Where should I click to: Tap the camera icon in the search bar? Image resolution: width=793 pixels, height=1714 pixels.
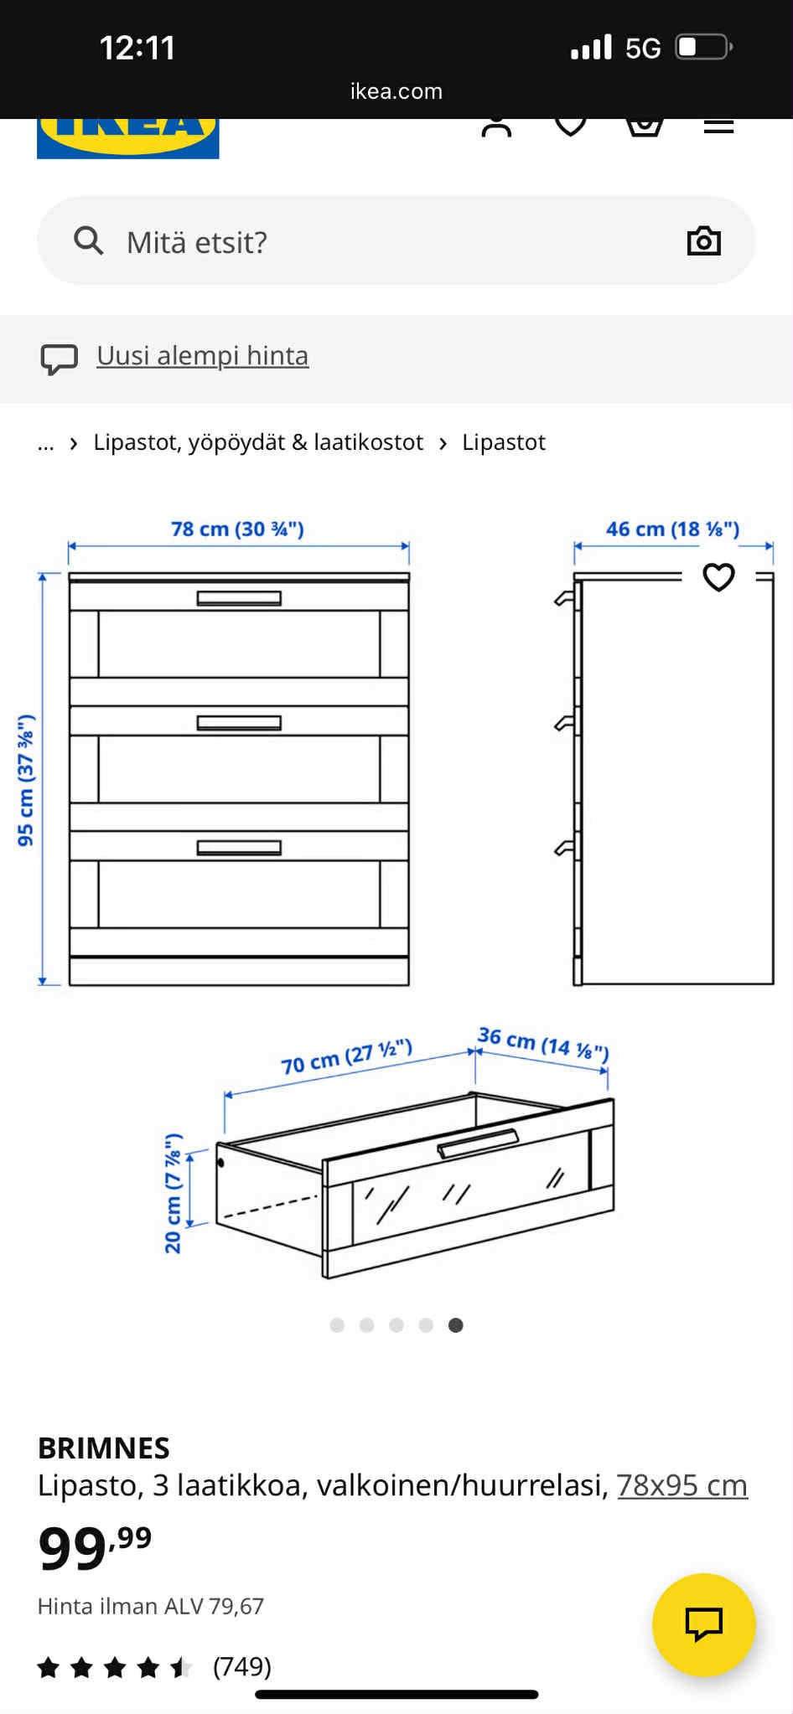pyautogui.click(x=703, y=241)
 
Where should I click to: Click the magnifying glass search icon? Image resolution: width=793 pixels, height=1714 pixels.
pyautogui.click(x=88, y=240)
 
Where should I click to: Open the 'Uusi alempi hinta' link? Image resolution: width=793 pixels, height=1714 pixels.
pyautogui.click(x=202, y=355)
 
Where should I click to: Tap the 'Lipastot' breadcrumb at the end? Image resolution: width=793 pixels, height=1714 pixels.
pyautogui.click(x=504, y=442)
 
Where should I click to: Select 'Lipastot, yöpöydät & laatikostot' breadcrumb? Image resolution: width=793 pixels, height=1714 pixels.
pyautogui.click(x=258, y=442)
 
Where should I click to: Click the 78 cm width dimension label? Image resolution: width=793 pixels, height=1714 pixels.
pyautogui.click(x=237, y=529)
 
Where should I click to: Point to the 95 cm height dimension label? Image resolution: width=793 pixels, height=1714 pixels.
pyautogui.click(x=26, y=780)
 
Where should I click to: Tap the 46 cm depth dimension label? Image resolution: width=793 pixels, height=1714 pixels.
pyautogui.click(x=672, y=529)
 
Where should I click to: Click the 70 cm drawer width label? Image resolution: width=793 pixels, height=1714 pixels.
pyautogui.click(x=346, y=1057)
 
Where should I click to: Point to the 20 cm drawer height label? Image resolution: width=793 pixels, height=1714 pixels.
pyautogui.click(x=174, y=1193)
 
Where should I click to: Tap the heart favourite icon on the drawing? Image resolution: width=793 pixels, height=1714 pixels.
pyautogui.click(x=718, y=576)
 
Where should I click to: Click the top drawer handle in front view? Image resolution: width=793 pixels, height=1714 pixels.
pyautogui.click(x=239, y=598)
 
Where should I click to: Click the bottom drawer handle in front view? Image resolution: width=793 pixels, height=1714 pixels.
pyautogui.click(x=239, y=848)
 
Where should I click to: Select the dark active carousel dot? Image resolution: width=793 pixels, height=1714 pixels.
pyautogui.click(x=455, y=1324)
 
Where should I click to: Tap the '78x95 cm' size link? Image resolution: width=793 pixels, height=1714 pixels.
pyautogui.click(x=682, y=1485)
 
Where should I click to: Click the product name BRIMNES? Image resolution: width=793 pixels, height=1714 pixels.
pyautogui.click(x=104, y=1448)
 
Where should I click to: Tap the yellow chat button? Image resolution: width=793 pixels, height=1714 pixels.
pyautogui.click(x=704, y=1624)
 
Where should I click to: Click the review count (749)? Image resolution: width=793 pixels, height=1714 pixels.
pyautogui.click(x=242, y=1666)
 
